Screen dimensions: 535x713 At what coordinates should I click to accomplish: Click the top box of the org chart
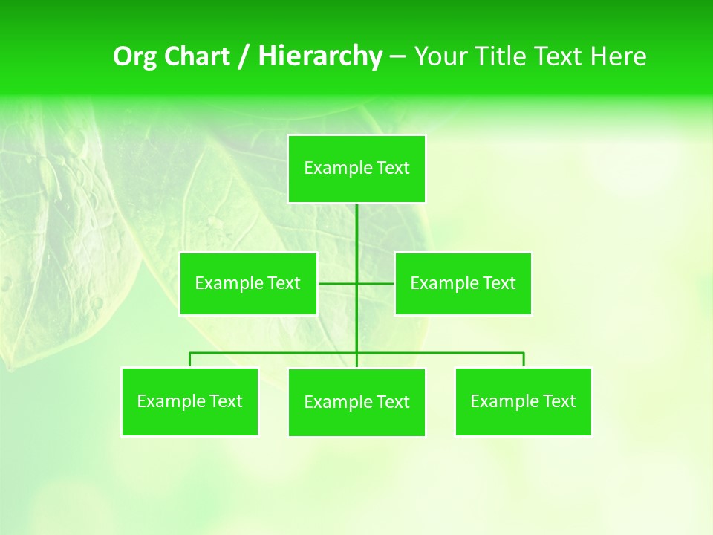pos(356,169)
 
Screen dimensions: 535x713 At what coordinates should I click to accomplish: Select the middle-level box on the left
pos(248,283)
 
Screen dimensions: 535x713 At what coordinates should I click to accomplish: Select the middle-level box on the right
pos(463,283)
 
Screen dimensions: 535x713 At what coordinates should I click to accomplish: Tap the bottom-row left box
pos(189,401)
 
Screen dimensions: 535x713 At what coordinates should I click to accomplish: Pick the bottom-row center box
pos(356,402)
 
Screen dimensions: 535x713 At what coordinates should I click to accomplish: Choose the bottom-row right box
pos(523,401)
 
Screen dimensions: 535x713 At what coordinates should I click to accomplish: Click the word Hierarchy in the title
pos(319,56)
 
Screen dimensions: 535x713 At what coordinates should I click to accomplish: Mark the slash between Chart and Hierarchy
pos(243,57)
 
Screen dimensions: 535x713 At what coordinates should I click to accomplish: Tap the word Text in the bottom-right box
pos(559,401)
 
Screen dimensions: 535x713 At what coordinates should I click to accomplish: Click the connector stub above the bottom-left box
pos(190,360)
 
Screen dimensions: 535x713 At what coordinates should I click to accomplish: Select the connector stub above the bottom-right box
pos(524,360)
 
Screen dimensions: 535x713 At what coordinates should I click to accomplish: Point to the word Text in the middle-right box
pos(499,283)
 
